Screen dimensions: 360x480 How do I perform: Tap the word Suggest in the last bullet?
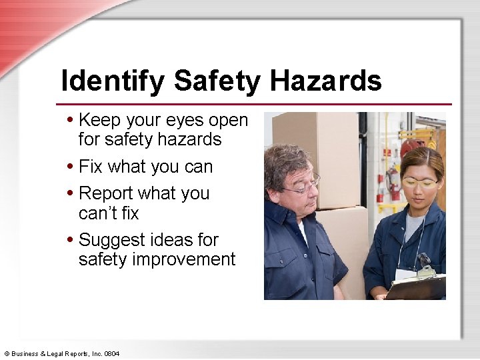click(111, 239)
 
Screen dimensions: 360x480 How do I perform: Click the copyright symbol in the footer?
click(7, 353)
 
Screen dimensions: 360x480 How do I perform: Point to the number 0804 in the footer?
click(111, 353)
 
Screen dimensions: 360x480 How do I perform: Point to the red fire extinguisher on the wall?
click(394, 183)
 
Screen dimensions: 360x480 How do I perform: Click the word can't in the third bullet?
click(97, 213)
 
